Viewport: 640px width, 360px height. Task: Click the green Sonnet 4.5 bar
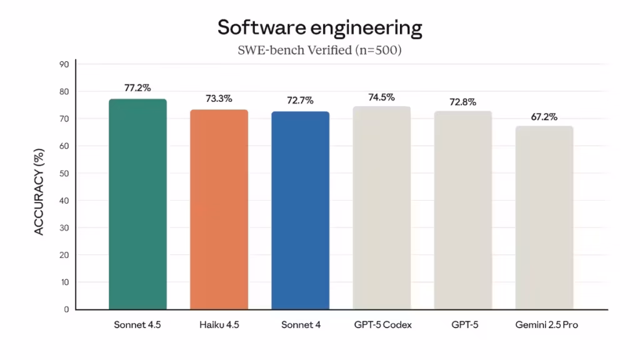[x=137, y=204]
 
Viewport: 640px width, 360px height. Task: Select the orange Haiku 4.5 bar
[x=219, y=209]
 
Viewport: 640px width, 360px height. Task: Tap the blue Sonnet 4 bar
[x=300, y=211]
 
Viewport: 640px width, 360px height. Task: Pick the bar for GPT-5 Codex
[x=381, y=208]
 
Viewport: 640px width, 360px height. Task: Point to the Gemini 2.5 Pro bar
[x=544, y=217]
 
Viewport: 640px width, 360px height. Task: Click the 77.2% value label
[x=137, y=88]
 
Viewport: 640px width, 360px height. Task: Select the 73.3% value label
[x=219, y=99]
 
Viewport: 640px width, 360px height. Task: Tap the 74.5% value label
[x=381, y=97]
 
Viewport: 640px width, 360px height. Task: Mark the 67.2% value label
[x=544, y=117]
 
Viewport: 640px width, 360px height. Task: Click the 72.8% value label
[x=462, y=102]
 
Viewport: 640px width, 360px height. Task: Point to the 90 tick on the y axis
[x=64, y=64]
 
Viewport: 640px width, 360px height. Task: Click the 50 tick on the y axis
[x=64, y=173]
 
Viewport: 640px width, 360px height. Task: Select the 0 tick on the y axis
[x=66, y=309]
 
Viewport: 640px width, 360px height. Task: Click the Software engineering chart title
[x=319, y=27]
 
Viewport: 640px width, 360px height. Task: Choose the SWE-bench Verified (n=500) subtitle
[x=319, y=51]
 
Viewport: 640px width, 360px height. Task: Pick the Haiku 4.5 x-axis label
[x=219, y=326]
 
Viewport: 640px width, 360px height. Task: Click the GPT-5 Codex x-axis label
[x=381, y=326]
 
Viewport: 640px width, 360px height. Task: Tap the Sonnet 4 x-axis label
[x=300, y=326]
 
